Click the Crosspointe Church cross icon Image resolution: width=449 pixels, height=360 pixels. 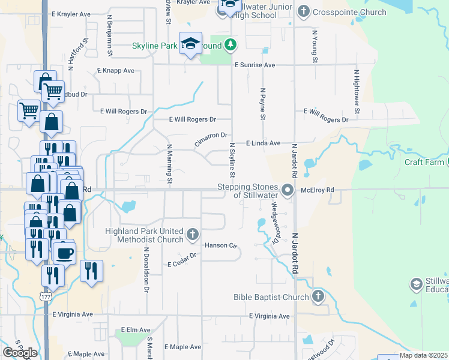[x=304, y=11]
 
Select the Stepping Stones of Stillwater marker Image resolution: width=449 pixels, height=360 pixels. [x=288, y=191]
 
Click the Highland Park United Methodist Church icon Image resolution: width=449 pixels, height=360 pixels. [x=193, y=234]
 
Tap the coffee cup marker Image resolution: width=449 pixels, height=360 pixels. [x=64, y=253]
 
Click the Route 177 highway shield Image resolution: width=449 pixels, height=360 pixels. [x=46, y=296]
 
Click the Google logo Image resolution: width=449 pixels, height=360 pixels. [x=20, y=352]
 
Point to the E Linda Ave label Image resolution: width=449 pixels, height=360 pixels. [x=264, y=143]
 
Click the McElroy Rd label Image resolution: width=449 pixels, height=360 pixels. [x=317, y=190]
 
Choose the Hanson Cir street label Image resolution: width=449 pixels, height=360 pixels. [x=221, y=245]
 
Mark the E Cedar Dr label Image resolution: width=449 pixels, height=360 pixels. [x=182, y=260]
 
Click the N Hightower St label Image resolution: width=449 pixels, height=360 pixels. [x=356, y=91]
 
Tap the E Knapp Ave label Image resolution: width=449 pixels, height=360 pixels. [x=115, y=70]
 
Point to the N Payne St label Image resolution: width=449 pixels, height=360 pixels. [x=262, y=104]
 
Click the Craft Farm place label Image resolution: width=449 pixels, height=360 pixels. [x=424, y=162]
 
